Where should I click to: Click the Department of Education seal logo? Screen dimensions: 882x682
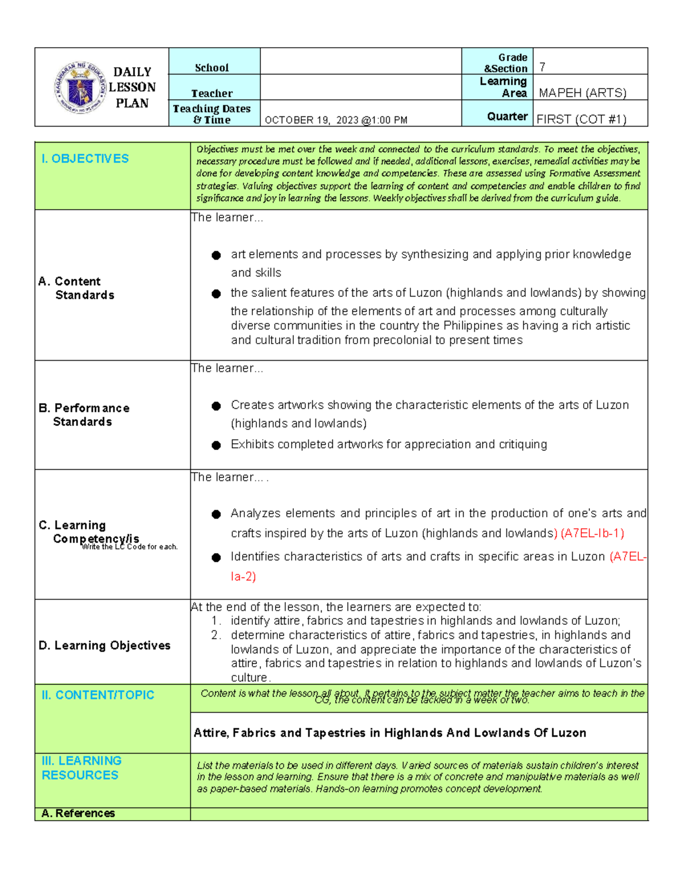coord(80,87)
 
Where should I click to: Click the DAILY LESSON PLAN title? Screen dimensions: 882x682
coord(132,87)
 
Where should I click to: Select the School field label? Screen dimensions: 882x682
coord(211,68)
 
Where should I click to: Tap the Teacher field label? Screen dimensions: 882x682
coord(211,93)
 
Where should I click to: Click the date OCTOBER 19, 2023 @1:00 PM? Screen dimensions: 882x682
coord(336,120)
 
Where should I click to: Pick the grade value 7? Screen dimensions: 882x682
coord(542,67)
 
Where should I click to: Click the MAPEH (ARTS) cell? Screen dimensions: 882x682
coord(582,93)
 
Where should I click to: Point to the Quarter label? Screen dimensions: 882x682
coord(507,116)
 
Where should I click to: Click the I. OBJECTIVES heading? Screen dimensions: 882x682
coord(85,159)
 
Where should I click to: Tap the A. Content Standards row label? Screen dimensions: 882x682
coord(77,289)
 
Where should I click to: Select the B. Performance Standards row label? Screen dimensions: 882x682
coord(84,415)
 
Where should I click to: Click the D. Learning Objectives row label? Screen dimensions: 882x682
coord(105,645)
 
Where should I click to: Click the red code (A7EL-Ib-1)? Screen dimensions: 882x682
coord(592,533)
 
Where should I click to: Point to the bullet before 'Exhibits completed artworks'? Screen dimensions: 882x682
coord(216,445)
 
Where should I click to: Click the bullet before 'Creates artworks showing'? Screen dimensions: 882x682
coord(216,406)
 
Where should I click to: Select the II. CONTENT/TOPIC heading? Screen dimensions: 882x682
coord(98,695)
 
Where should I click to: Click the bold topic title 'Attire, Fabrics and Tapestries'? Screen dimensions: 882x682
coord(390,733)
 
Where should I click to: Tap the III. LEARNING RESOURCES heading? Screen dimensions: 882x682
coord(81,768)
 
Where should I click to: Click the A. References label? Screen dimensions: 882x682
coord(78,813)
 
